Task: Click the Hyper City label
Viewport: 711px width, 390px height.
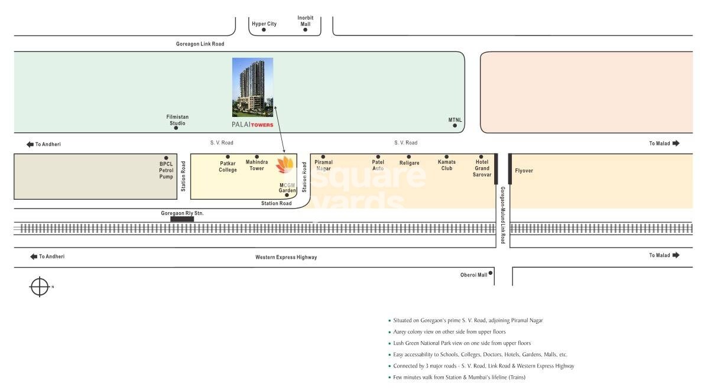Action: coord(264,24)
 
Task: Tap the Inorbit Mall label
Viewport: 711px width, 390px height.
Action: coord(305,21)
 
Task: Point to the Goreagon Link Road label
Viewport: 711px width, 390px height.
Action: coord(200,44)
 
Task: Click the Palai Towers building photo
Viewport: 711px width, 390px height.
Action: coord(252,87)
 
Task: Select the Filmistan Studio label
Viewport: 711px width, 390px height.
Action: coord(177,120)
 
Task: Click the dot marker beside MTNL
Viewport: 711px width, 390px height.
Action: coord(454,125)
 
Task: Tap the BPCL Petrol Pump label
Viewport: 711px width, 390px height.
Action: coord(166,170)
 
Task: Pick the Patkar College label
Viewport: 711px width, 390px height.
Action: coord(228,167)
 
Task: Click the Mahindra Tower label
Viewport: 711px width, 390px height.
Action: coord(257,165)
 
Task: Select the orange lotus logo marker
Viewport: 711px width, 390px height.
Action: coord(285,166)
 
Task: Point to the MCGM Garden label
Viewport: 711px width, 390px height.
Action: coord(287,188)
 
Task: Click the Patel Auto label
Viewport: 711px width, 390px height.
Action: coord(378,165)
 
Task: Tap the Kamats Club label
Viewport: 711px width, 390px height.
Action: coord(447,165)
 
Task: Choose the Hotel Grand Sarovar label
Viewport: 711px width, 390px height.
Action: coord(481,168)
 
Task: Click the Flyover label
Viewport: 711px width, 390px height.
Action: coord(524,171)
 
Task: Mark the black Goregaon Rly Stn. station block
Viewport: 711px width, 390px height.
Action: coord(182,219)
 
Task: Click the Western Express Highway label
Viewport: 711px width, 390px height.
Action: coord(286,257)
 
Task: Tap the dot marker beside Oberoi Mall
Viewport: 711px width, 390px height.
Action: coord(491,273)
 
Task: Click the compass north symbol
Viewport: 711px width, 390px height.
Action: coord(40,287)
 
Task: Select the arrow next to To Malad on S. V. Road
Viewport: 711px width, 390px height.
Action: coord(676,143)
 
